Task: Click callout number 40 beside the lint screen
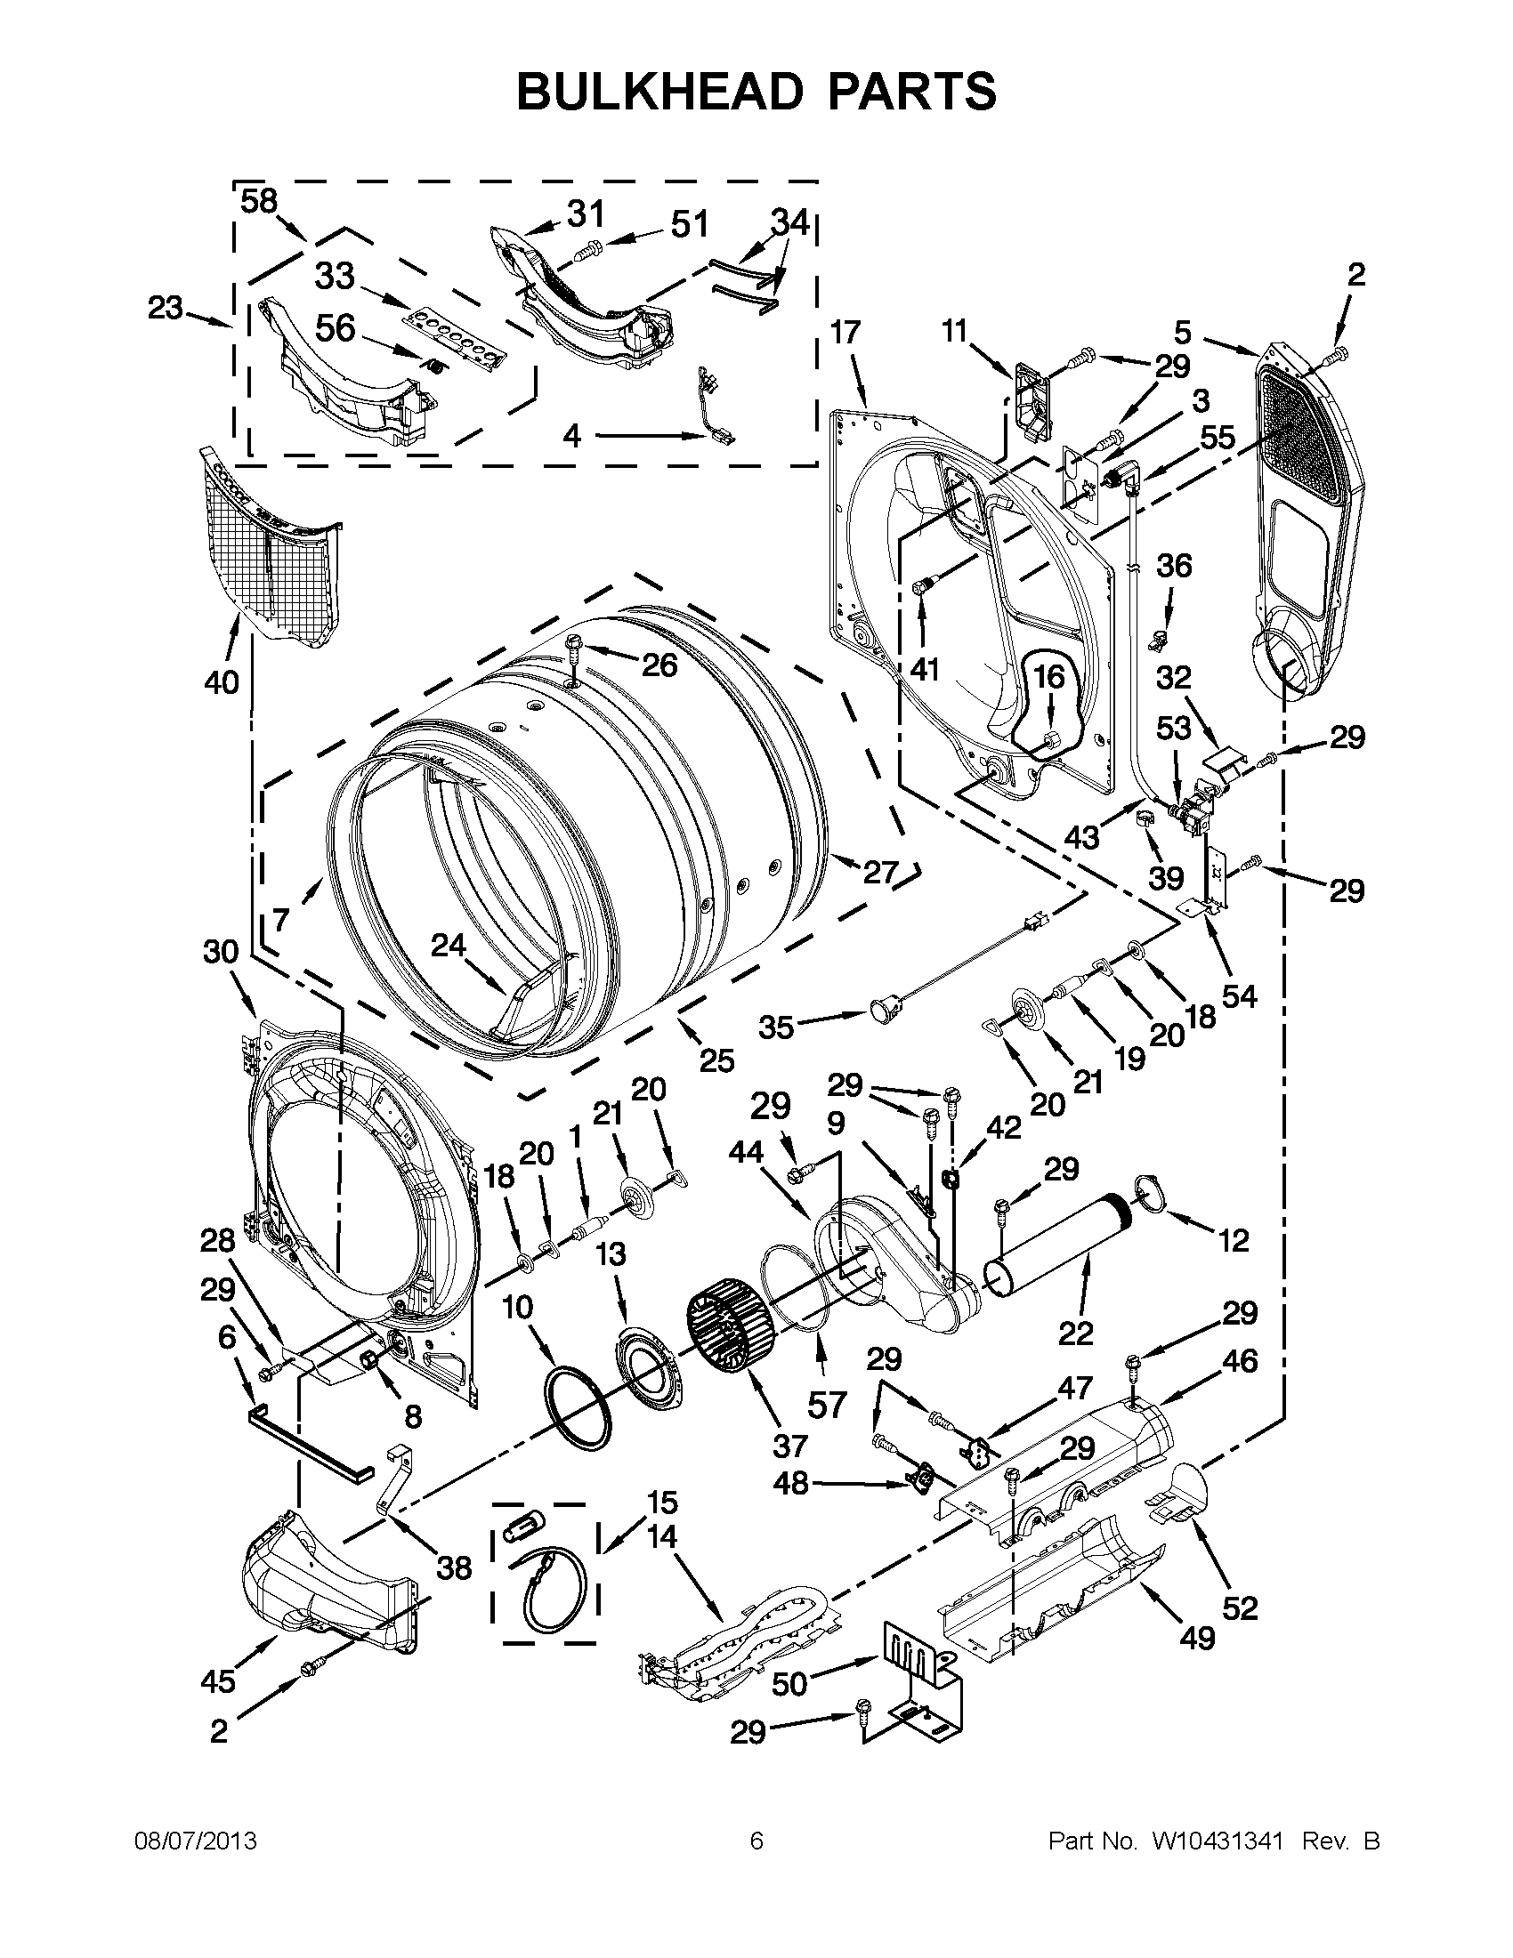coord(222,682)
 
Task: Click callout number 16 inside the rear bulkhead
coord(1049,677)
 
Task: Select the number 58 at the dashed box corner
coord(258,202)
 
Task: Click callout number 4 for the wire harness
coord(572,437)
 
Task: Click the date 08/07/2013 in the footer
coord(196,1841)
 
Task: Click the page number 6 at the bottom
coord(756,1841)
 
